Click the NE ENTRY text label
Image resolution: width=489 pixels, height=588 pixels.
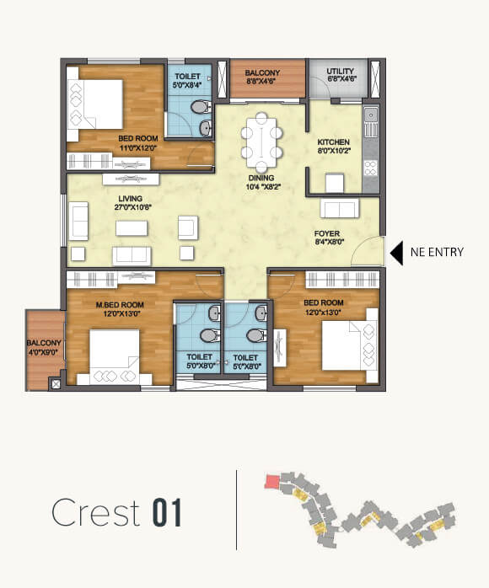pos(437,251)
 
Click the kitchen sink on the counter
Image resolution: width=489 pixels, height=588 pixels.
pos(371,115)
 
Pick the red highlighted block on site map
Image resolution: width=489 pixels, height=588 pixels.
pos(271,482)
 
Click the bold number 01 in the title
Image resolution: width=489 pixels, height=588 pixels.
pos(168,513)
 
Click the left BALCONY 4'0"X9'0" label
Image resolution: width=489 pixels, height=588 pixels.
pos(42,347)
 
